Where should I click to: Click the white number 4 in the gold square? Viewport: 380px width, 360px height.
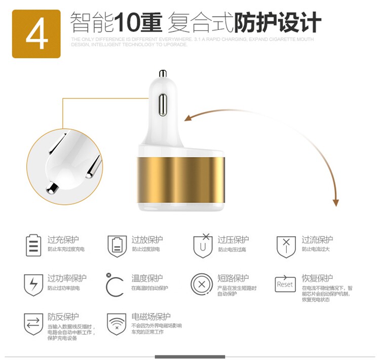36,33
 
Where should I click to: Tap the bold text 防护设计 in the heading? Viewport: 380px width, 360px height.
277,23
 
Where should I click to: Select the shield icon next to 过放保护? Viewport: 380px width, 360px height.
117,246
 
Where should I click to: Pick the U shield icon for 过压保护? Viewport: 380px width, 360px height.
203,245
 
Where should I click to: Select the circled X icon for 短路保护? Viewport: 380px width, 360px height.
202,284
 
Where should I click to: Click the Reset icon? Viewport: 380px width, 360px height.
285,284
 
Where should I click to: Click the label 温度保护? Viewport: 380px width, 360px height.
147,278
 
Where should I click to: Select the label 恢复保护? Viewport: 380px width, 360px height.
317,278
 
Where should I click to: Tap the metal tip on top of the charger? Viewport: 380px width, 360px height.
163,74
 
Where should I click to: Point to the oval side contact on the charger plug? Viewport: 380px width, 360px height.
163,104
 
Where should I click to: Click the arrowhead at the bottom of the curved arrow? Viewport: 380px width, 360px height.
335,202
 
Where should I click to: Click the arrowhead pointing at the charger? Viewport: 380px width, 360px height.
187,118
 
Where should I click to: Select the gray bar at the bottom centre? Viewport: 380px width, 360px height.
190,357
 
